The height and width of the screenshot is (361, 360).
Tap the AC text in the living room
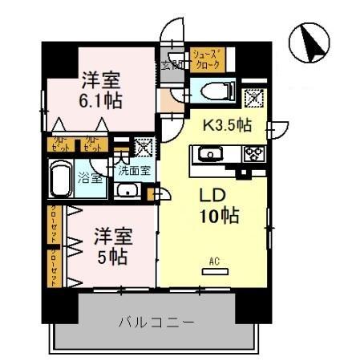(213, 261)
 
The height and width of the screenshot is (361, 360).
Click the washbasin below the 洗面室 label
(127, 190)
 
